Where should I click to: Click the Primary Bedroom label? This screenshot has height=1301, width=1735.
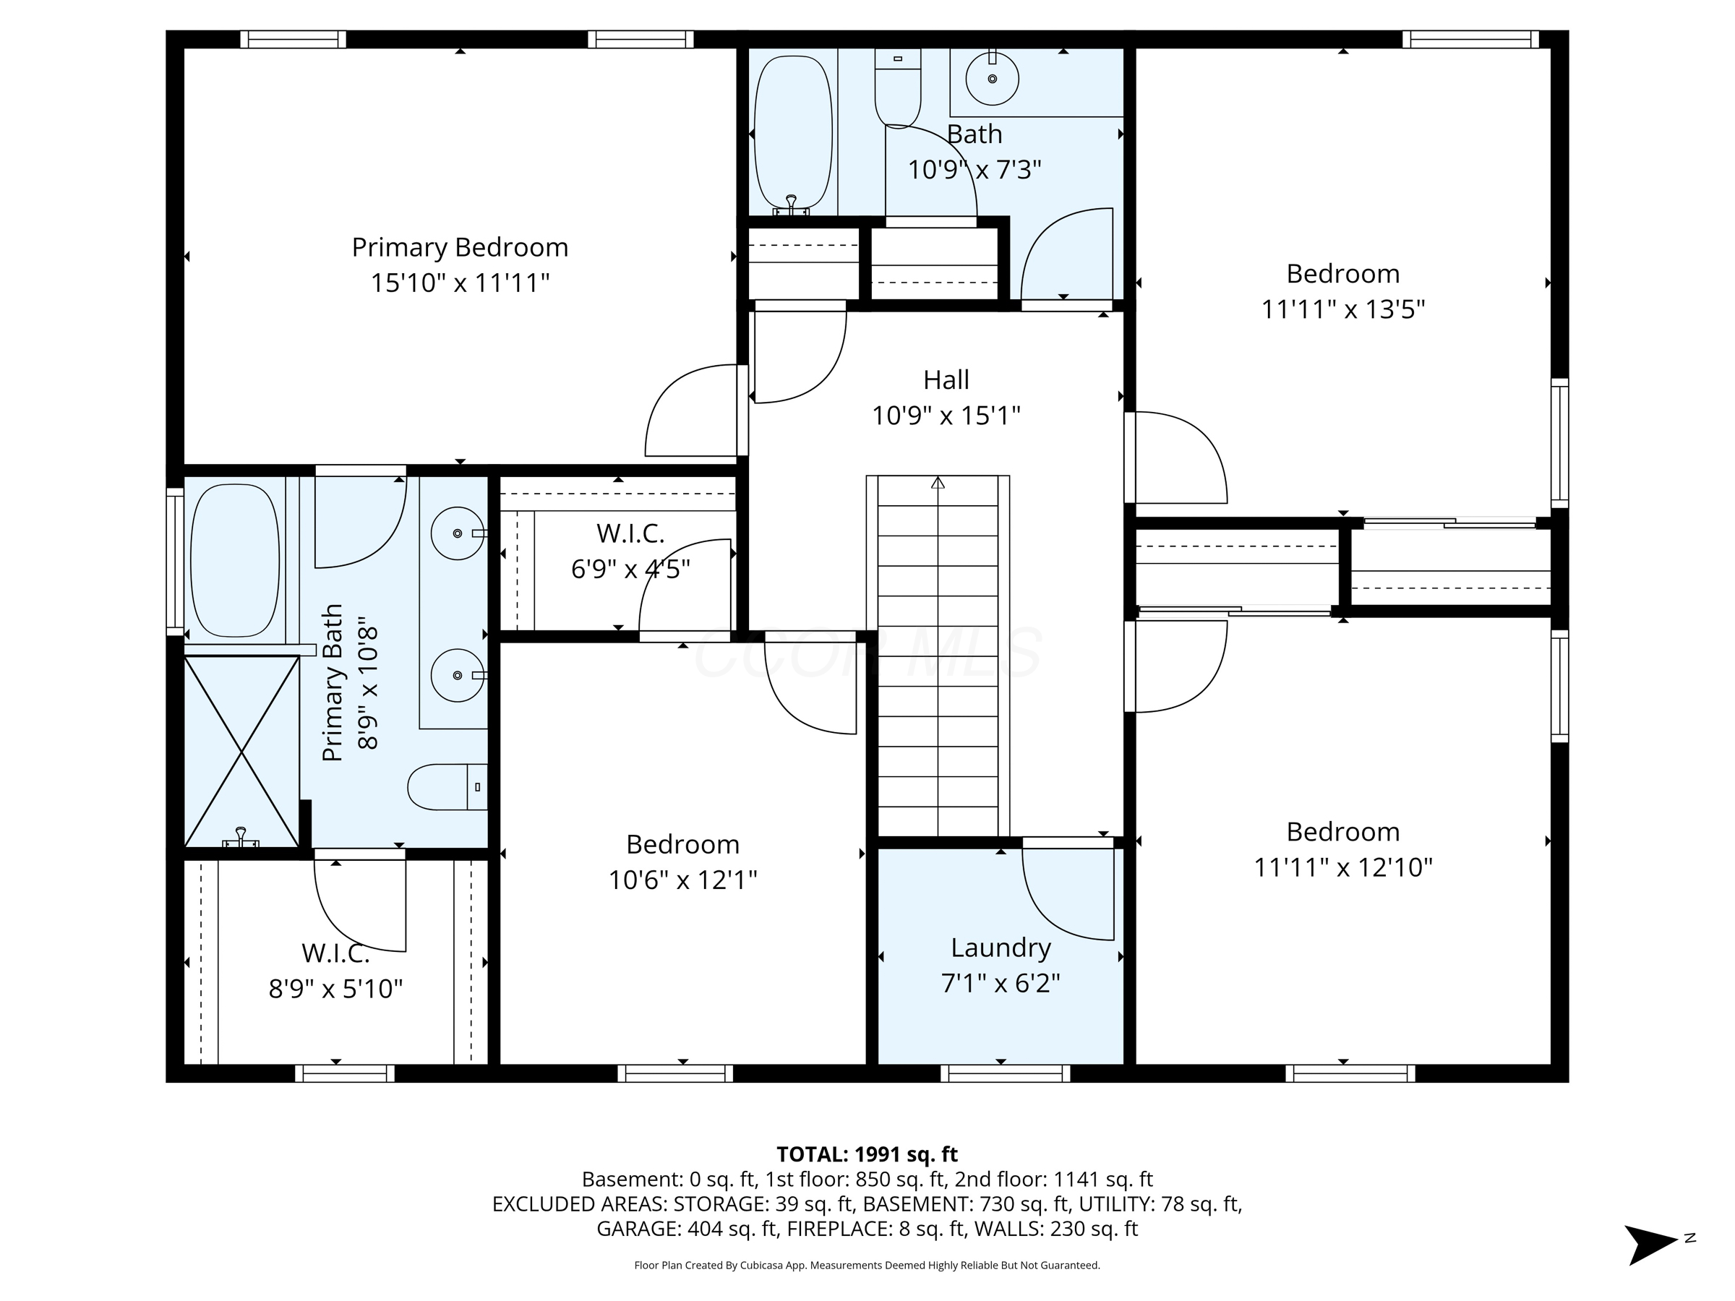[460, 248]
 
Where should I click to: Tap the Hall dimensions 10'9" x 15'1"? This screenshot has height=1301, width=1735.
[946, 416]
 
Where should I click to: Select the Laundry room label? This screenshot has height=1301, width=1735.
[1000, 948]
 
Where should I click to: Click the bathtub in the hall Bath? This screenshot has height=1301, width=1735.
[792, 132]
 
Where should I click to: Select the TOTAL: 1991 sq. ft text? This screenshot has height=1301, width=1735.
[867, 1154]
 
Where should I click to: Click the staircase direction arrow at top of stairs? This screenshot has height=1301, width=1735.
[938, 483]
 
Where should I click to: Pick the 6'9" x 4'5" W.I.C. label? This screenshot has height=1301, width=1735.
[630, 534]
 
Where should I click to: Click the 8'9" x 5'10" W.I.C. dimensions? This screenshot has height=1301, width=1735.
[335, 989]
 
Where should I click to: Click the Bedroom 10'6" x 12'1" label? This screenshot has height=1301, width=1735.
[682, 845]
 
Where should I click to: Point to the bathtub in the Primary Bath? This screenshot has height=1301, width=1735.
[234, 560]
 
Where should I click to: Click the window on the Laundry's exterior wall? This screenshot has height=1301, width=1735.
[1005, 1073]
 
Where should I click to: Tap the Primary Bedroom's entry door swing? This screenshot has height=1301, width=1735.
[690, 412]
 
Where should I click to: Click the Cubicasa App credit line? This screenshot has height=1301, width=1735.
[867, 1265]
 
